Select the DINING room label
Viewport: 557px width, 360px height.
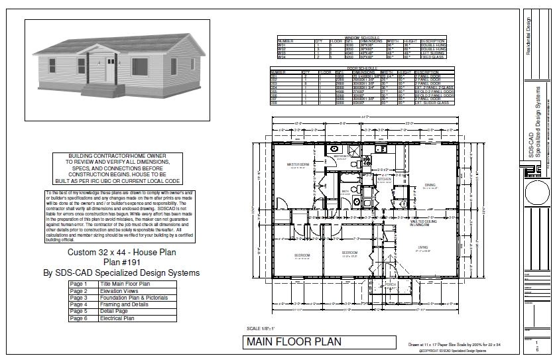430,186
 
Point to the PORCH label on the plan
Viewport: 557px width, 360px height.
391,284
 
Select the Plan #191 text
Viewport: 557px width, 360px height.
122,263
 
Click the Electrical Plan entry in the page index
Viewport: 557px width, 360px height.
117,318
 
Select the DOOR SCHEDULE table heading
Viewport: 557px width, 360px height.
361,68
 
